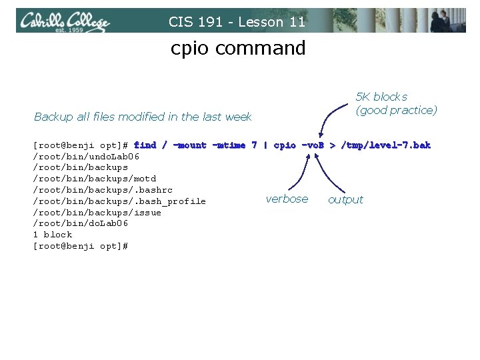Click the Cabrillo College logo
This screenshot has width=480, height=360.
[64, 21]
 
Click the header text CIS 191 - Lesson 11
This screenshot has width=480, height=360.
[237, 22]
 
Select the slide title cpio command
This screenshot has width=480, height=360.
[238, 48]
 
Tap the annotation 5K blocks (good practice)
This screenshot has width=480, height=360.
[396, 103]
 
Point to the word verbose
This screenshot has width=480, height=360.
[287, 199]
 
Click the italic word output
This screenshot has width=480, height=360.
[345, 199]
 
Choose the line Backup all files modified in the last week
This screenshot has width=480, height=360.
[143, 117]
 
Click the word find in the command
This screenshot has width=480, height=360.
[145, 145]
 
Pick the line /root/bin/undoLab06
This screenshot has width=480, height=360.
[86, 156]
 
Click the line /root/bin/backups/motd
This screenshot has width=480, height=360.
[94, 179]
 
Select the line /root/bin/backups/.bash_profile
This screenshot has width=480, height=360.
[119, 201]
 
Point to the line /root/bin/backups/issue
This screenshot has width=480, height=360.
[97, 213]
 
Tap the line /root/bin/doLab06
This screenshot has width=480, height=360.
[80, 223]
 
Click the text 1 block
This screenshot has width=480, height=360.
[52, 235]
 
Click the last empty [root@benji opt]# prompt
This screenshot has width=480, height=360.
[80, 246]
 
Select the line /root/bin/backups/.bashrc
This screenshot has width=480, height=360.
[102, 190]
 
